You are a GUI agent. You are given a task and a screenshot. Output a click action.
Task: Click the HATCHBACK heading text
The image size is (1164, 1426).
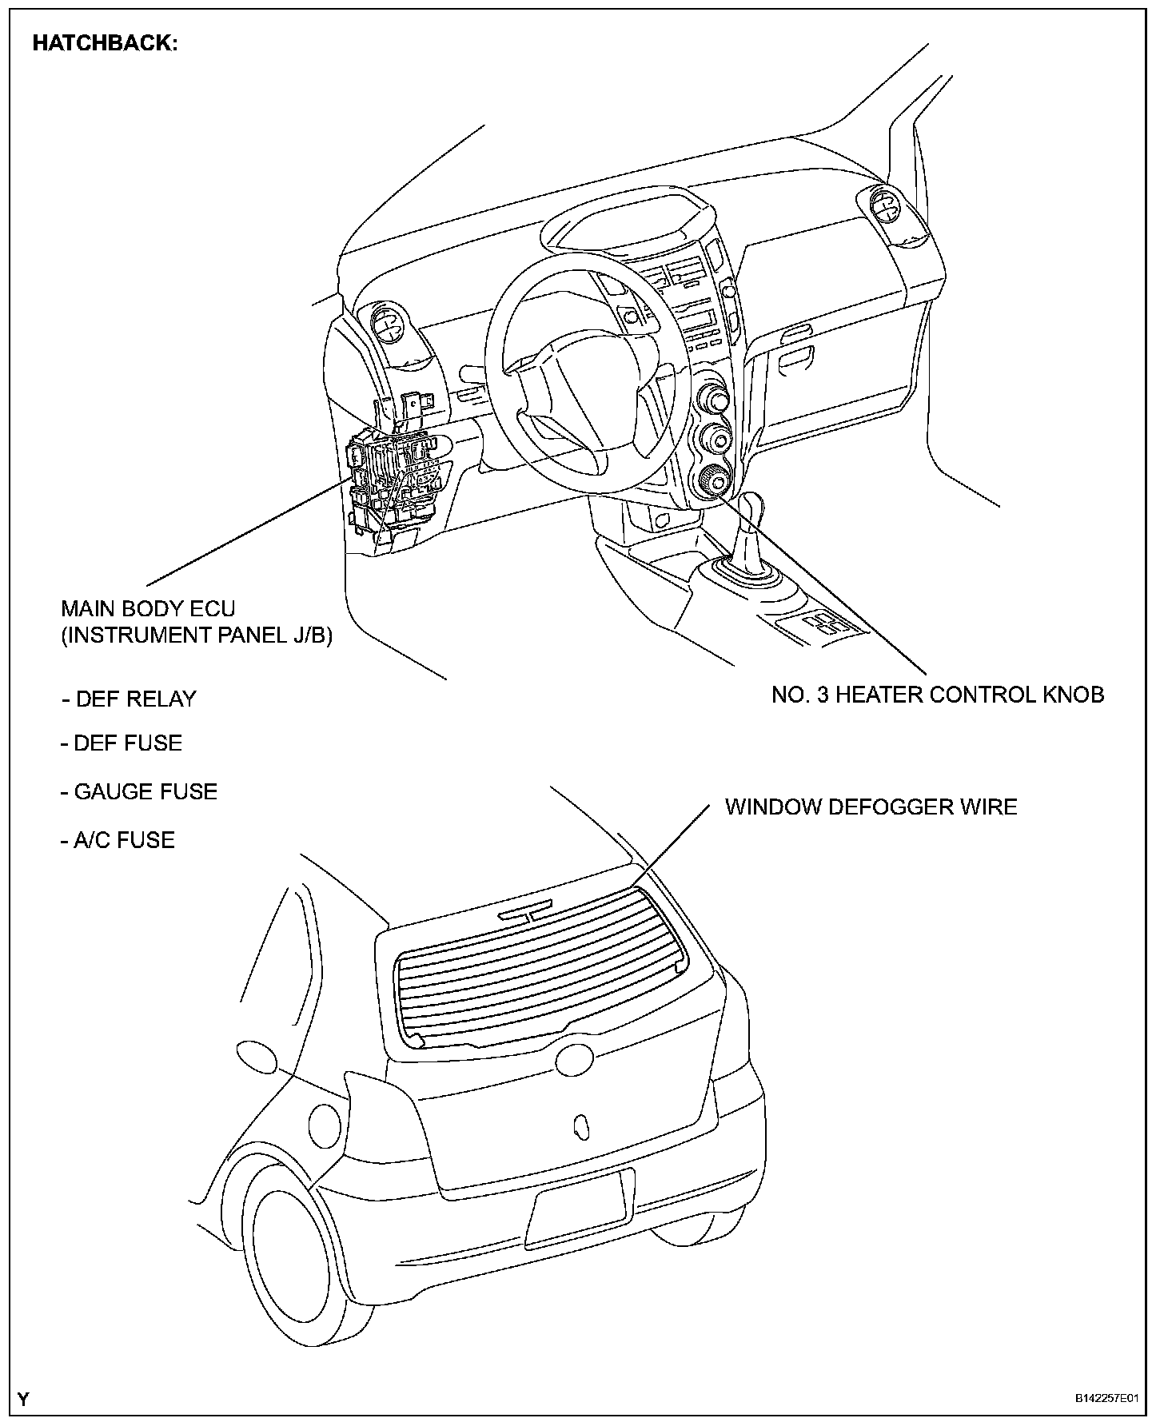click(104, 44)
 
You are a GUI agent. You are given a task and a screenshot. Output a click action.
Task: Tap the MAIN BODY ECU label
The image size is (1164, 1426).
click(149, 609)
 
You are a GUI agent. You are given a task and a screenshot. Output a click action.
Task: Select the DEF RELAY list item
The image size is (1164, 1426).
click(129, 699)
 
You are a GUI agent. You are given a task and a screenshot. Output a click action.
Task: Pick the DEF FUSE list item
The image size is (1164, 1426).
click(122, 743)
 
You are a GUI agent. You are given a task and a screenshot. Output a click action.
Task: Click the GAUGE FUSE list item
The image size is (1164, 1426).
click(139, 792)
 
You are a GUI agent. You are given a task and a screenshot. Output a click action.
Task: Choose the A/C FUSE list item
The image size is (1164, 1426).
click(118, 840)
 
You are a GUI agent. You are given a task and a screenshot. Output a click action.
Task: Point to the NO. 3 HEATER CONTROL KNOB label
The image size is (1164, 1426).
click(938, 695)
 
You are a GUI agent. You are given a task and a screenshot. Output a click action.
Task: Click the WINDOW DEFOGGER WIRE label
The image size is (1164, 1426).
click(871, 807)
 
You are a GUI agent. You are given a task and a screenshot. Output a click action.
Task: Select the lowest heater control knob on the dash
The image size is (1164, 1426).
click(711, 482)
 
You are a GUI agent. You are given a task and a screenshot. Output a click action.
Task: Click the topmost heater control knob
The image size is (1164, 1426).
click(712, 397)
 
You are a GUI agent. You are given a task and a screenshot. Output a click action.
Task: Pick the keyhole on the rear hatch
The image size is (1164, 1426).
click(581, 1125)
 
